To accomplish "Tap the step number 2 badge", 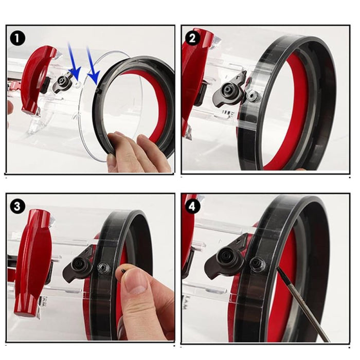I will pos(193,38).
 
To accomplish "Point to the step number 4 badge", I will pos(193,206).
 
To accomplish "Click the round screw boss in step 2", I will pos(253,96).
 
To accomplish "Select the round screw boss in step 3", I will pos(103,267).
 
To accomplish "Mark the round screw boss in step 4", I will pos(258,264).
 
